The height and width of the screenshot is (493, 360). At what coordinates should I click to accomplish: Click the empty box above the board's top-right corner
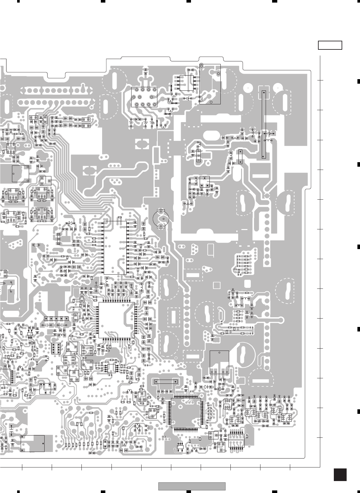coord(330,45)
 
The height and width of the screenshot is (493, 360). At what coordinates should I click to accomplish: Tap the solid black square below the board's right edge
coord(340,475)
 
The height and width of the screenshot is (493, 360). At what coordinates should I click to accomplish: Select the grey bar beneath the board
coord(192,486)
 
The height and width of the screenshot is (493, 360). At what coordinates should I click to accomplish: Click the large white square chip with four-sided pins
coord(116,320)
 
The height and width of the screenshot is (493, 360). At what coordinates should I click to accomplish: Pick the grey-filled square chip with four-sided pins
coord(185,413)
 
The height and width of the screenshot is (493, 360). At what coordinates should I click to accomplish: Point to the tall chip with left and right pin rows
coord(115,247)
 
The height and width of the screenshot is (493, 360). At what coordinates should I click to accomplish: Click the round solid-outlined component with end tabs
coord(161,219)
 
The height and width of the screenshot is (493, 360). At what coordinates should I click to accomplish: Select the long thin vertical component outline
coord(264,125)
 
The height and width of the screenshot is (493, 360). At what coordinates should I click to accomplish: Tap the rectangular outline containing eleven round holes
coord(144,97)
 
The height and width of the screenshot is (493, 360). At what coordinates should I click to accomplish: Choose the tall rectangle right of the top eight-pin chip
coord(210,84)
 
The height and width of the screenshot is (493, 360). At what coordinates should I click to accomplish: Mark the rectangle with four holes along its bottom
coord(219,362)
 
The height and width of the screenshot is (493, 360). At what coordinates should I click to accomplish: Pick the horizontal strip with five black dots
coord(57,319)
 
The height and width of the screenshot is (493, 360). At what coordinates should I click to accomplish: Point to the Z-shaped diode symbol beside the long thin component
coord(269,133)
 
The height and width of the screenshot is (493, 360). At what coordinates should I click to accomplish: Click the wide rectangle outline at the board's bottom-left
coord(33,443)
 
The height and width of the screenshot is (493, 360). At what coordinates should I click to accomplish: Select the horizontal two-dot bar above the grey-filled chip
coord(166,381)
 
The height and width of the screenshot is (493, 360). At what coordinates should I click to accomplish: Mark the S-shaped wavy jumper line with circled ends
coord(11,287)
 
